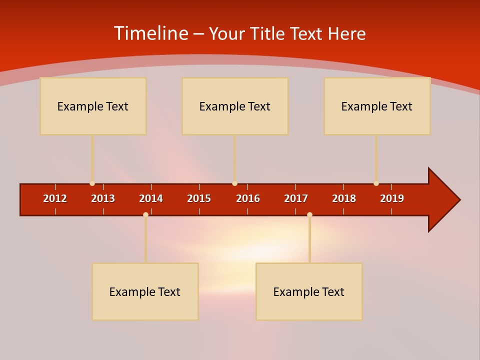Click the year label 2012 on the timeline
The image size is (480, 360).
(x=55, y=198)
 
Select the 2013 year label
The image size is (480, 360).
(x=103, y=198)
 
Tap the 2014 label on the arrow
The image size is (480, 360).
(x=151, y=198)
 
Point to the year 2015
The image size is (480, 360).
(x=199, y=198)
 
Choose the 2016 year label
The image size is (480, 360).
(x=248, y=198)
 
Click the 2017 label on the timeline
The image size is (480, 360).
(x=296, y=198)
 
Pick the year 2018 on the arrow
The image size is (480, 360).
(x=344, y=198)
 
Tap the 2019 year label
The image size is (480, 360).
(x=392, y=198)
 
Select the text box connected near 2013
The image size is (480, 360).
(x=93, y=106)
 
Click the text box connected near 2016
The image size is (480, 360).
(x=235, y=106)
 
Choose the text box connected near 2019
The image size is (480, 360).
(x=377, y=106)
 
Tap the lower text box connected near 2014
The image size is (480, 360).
(x=145, y=291)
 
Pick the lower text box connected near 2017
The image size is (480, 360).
(x=309, y=291)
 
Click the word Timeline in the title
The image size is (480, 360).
(x=150, y=33)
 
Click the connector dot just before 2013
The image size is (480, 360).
(x=92, y=183)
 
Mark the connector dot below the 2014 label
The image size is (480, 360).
(x=145, y=214)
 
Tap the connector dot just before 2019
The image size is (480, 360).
(x=376, y=183)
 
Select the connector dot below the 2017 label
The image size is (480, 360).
(x=309, y=214)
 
